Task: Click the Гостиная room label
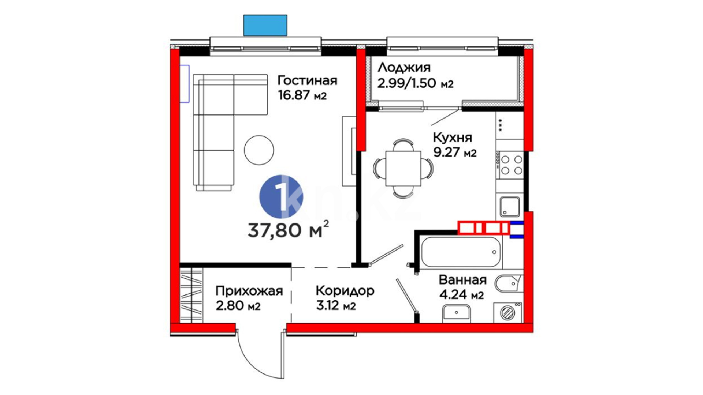coord(307,80)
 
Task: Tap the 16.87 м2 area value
coord(302,95)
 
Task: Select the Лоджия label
coord(404,68)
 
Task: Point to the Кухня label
coord(453,138)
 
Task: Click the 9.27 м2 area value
coord(455,153)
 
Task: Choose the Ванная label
coord(463,280)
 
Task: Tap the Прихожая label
coord(249,291)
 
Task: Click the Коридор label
coord(345,291)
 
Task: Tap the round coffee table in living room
coord(259,150)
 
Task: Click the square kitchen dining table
coord(403,168)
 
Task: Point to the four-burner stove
coord(512,165)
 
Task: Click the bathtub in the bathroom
coord(461,252)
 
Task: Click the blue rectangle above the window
coord(265,25)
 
